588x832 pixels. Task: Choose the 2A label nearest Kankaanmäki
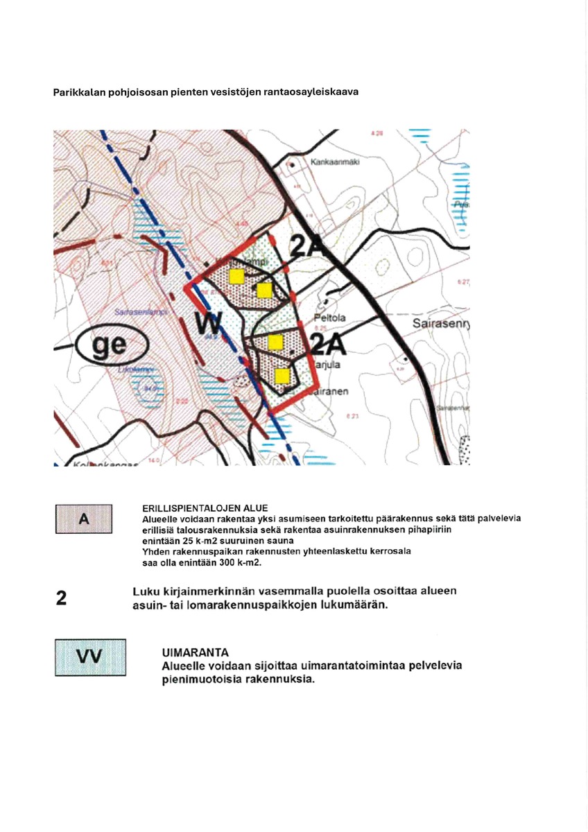[x=307, y=248]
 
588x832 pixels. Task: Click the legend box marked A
[x=83, y=518]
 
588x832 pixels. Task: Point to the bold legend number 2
[x=61, y=598]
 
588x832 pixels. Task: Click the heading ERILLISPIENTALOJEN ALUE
[x=205, y=508]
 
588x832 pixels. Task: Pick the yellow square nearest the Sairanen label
[x=282, y=376]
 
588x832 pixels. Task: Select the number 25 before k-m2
[x=181, y=540]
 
